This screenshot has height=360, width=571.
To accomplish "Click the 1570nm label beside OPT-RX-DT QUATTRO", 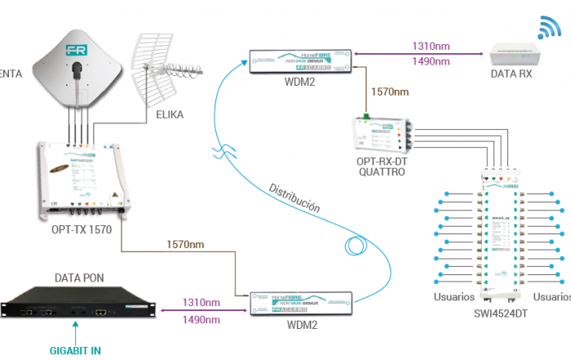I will pyautogui.click(x=390, y=91).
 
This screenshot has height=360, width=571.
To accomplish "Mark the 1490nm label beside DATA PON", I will pyautogui.click(x=201, y=320).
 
